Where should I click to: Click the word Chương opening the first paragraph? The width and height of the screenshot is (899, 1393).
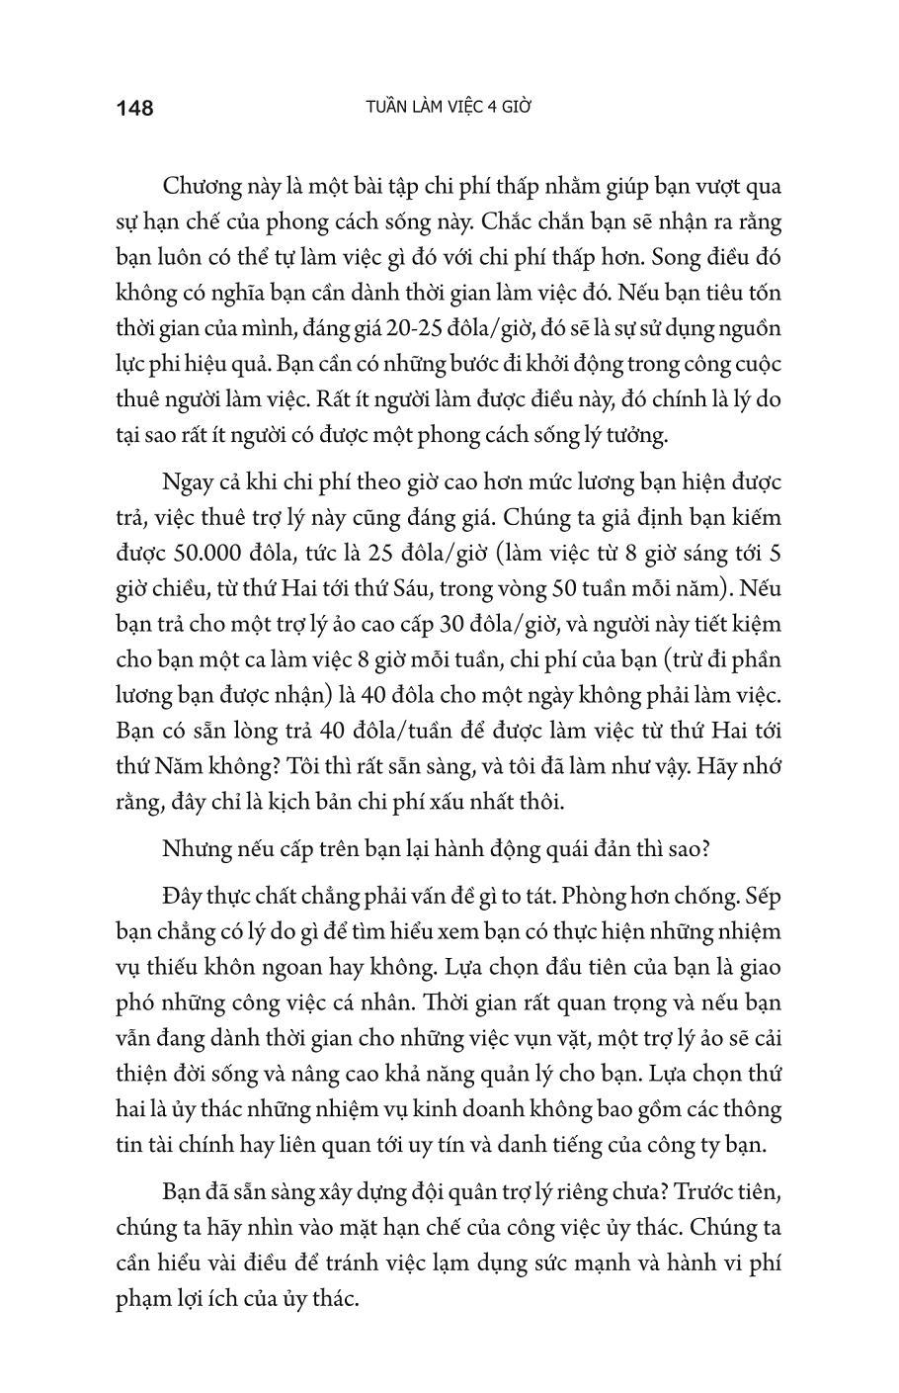[204, 187]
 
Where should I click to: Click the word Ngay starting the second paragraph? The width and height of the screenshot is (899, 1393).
[187, 482]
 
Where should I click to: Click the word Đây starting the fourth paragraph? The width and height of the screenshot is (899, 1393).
[184, 897]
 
